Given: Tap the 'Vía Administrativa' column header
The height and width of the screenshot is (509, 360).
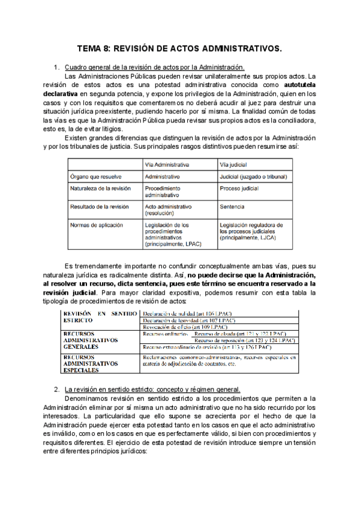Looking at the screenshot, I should pyautogui.click(x=168, y=164).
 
